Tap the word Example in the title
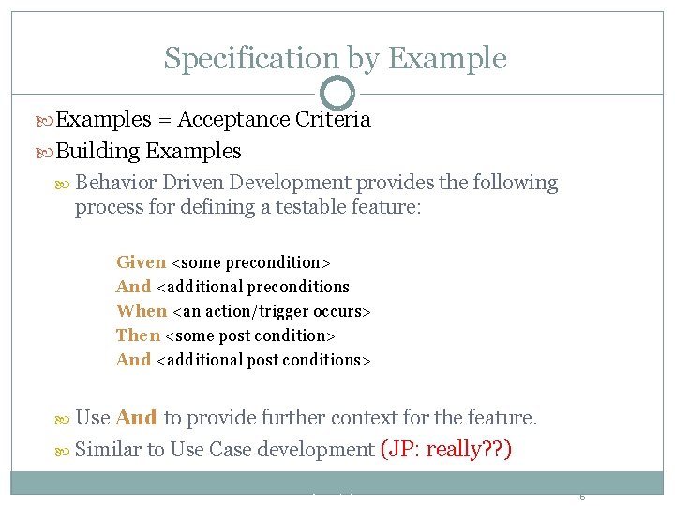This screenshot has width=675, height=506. tap(446, 58)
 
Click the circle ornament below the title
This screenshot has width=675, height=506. tap(337, 93)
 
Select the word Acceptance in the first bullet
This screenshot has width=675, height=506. tap(233, 119)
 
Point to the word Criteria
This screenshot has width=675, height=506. tap(333, 119)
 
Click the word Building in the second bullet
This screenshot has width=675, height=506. tap(98, 151)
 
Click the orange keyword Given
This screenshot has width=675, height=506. tap(141, 262)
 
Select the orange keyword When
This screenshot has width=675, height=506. tap(141, 311)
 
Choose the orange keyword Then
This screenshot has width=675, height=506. tap(138, 335)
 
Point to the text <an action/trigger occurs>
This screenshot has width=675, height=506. tap(272, 311)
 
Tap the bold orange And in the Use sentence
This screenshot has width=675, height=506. tap(137, 418)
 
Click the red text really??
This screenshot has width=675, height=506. tap(465, 450)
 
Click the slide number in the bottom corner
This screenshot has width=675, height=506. tap(581, 497)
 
